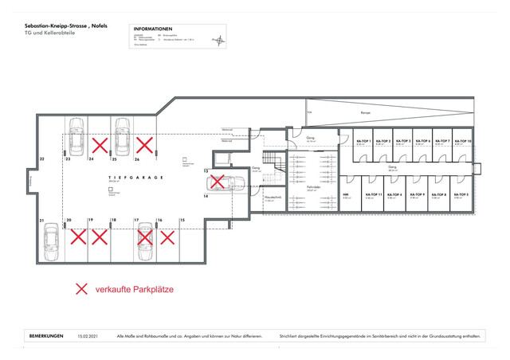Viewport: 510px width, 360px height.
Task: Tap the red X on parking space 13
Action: click(x=217, y=182)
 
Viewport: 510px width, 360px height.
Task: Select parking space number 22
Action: click(x=41, y=159)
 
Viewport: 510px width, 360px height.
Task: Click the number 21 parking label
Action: click(x=41, y=219)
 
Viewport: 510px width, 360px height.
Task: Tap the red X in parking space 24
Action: click(x=100, y=145)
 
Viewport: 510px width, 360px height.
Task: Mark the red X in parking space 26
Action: click(x=144, y=145)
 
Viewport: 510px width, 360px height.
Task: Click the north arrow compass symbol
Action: click(x=216, y=39)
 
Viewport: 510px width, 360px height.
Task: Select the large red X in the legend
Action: click(x=81, y=289)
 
